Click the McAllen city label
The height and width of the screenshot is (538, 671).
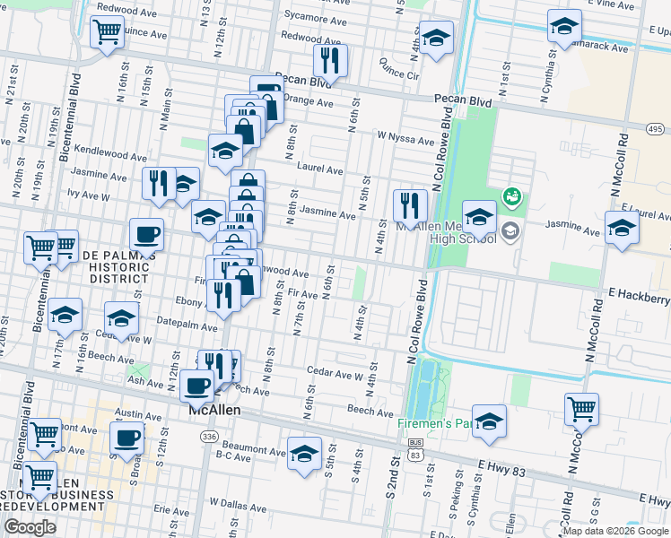216,412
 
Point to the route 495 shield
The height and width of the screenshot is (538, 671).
656,130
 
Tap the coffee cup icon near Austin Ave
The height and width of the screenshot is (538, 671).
126,438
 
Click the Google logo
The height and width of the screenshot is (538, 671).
30,527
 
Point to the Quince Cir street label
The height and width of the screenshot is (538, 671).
399,69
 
